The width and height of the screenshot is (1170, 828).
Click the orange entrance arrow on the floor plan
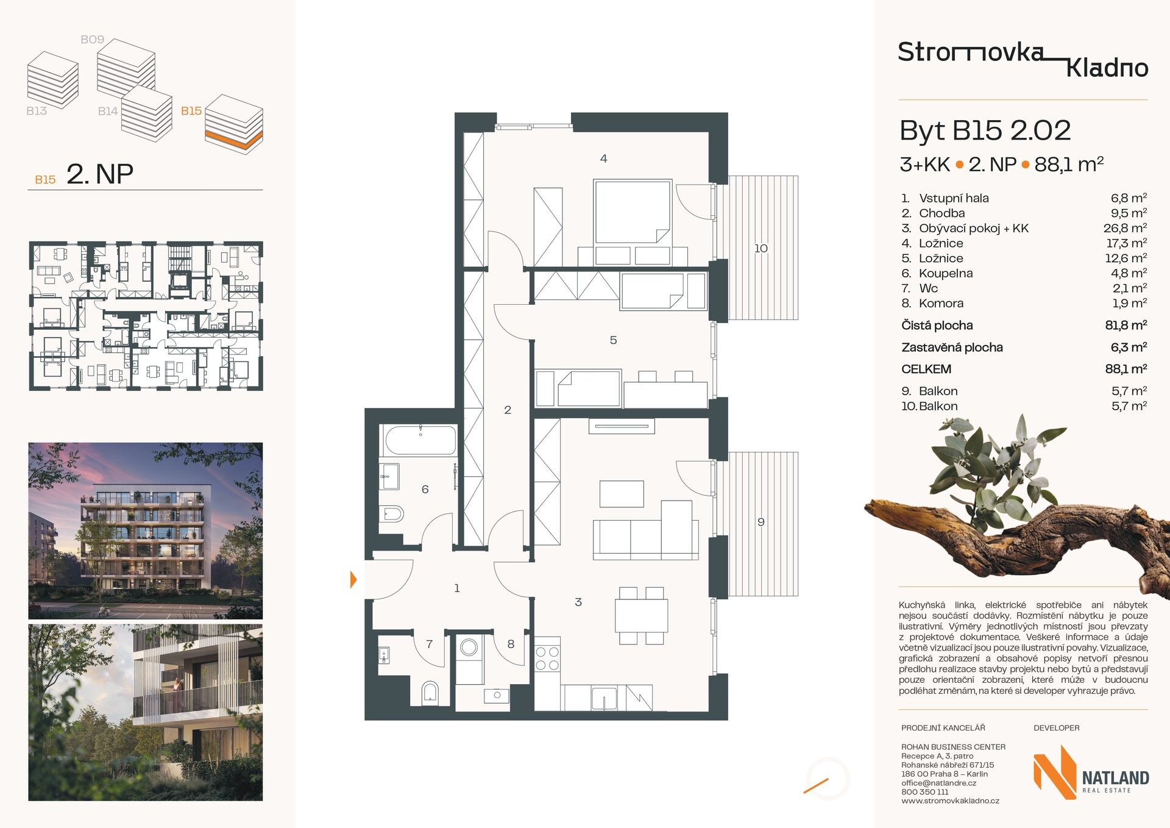pyautogui.click(x=353, y=579)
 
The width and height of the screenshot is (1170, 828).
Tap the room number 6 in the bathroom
pyautogui.click(x=425, y=489)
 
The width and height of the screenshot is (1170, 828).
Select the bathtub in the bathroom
pyautogui.click(x=420, y=440)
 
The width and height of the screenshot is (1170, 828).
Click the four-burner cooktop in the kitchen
pyautogui.click(x=547, y=658)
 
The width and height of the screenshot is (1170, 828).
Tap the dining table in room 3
pyautogui.click(x=641, y=615)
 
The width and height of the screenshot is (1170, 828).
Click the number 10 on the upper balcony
pyautogui.click(x=760, y=248)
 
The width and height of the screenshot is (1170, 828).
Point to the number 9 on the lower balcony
pyautogui.click(x=760, y=522)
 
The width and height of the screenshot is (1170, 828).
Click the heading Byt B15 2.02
pyautogui.click(x=985, y=130)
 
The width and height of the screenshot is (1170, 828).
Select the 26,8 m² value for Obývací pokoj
pyautogui.click(x=1125, y=228)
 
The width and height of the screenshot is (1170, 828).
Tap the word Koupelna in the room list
pyautogui.click(x=946, y=273)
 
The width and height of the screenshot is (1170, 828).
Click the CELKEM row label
pyautogui.click(x=926, y=369)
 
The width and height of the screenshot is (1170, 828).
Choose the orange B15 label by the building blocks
pyautogui.click(x=191, y=111)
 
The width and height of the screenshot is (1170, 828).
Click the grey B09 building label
pyautogui.click(x=93, y=40)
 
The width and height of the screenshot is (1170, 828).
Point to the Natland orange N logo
pyautogui.click(x=1055, y=772)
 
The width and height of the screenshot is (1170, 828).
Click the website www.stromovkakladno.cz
pyautogui.click(x=950, y=801)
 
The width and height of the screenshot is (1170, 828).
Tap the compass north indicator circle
pyautogui.click(x=828, y=778)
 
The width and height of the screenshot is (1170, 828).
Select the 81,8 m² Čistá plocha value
pyautogui.click(x=1126, y=325)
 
